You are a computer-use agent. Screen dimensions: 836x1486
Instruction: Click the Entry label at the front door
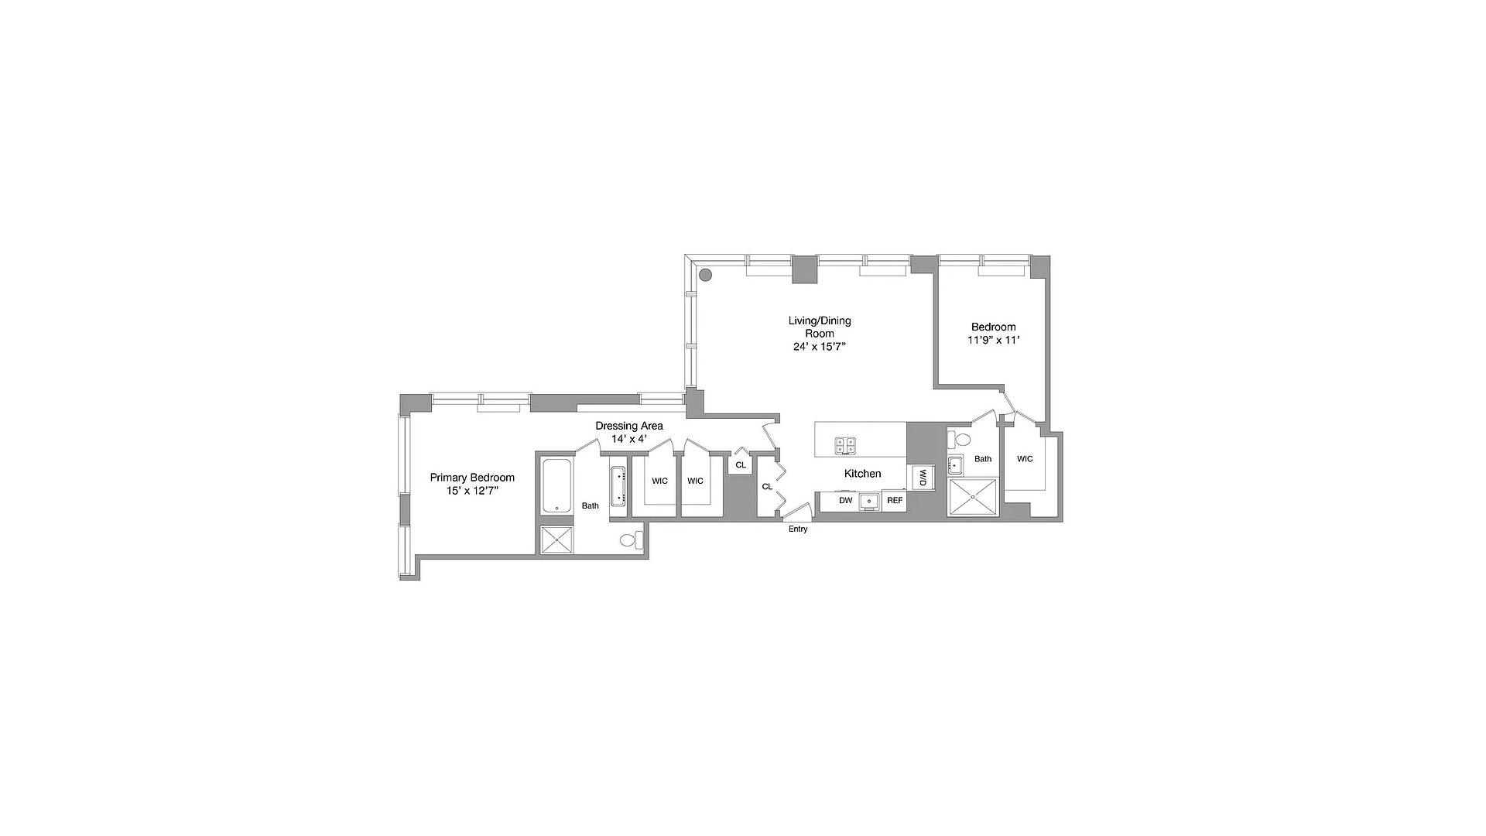pyautogui.click(x=798, y=529)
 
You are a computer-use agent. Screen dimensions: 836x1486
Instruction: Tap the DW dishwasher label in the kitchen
pyautogui.click(x=845, y=501)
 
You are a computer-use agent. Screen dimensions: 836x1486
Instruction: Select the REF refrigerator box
pyautogui.click(x=895, y=501)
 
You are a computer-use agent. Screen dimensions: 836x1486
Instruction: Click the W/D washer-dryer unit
pyautogui.click(x=923, y=478)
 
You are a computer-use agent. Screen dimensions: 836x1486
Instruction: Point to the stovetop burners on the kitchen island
pyautogui.click(x=845, y=445)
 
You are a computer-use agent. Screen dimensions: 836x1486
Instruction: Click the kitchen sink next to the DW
pyautogui.click(x=869, y=501)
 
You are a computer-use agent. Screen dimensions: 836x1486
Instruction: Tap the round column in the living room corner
pyautogui.click(x=705, y=274)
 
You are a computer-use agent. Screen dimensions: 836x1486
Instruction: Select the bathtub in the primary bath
pyautogui.click(x=556, y=485)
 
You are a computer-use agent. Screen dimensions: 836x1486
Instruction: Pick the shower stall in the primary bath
pyautogui.click(x=557, y=540)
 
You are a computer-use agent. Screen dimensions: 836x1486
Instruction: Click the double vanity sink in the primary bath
pyautogui.click(x=618, y=486)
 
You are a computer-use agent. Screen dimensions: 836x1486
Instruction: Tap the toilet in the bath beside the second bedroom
pyautogui.click(x=962, y=440)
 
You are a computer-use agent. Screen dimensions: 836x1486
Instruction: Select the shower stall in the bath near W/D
pyautogui.click(x=974, y=497)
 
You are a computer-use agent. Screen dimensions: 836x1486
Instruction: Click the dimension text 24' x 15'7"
pyautogui.click(x=820, y=347)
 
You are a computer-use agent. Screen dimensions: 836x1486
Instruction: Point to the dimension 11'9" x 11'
pyautogui.click(x=994, y=340)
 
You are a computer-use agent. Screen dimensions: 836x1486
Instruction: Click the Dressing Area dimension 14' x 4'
pyautogui.click(x=628, y=439)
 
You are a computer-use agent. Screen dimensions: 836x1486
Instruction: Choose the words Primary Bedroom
pyautogui.click(x=472, y=478)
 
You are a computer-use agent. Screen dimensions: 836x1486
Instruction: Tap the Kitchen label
pyautogui.click(x=862, y=474)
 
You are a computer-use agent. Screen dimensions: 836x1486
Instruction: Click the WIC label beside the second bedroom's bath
pyautogui.click(x=1025, y=459)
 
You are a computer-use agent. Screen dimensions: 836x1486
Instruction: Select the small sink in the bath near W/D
pyautogui.click(x=956, y=466)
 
